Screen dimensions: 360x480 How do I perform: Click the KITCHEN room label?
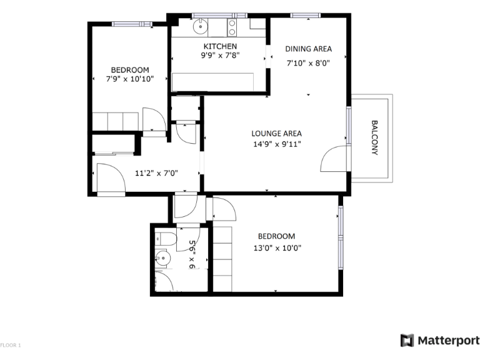click(x=220, y=46)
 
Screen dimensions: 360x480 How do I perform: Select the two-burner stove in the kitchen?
click(x=232, y=27)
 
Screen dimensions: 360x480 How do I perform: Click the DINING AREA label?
click(x=308, y=49)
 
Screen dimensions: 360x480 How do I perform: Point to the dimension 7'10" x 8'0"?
click(x=308, y=62)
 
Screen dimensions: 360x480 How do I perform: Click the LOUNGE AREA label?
click(x=276, y=133)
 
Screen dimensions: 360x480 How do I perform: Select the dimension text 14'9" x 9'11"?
click(x=276, y=145)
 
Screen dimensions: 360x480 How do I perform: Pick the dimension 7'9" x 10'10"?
click(x=130, y=79)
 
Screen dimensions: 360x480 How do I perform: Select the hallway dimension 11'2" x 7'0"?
click(x=157, y=173)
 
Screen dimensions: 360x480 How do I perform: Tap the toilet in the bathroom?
click(x=165, y=237)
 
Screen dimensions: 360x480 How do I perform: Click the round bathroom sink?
click(x=163, y=256)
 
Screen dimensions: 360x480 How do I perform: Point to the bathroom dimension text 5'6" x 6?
click(x=192, y=255)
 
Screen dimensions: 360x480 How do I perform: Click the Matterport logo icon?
click(x=407, y=341)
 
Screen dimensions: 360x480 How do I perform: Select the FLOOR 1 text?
click(x=11, y=345)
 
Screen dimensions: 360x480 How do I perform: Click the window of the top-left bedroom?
click(x=132, y=24)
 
